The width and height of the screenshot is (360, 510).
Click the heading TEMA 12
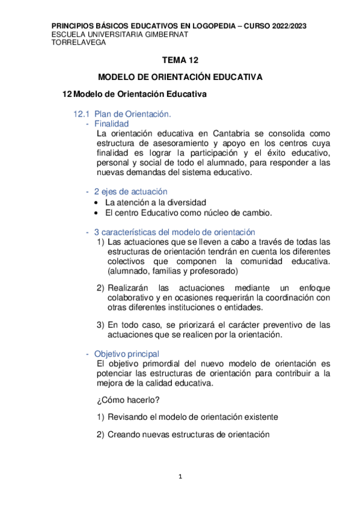click(x=180, y=61)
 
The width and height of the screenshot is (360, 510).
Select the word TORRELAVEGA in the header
click(x=75, y=43)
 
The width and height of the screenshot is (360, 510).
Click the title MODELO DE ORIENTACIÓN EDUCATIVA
click(x=180, y=78)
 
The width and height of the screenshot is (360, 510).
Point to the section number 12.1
click(x=81, y=113)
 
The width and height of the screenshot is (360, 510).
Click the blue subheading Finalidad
click(x=112, y=123)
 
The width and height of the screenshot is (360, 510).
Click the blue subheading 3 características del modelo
click(x=174, y=232)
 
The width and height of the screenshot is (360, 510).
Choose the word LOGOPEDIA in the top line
click(x=212, y=26)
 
